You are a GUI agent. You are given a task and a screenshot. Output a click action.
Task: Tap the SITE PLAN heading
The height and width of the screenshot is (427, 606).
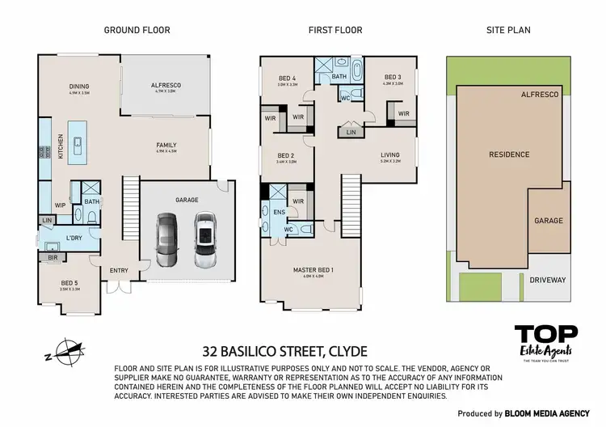(507, 30)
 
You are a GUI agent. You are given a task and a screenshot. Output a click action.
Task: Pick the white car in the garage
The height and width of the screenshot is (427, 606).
(205, 239)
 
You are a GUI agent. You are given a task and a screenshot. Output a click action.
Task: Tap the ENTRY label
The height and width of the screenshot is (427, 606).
(119, 271)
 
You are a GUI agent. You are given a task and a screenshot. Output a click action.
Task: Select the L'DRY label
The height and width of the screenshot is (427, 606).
(74, 238)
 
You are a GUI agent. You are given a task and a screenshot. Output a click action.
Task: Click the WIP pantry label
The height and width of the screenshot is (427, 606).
(60, 205)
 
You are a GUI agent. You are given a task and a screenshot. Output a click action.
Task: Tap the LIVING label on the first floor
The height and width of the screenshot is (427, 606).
(390, 154)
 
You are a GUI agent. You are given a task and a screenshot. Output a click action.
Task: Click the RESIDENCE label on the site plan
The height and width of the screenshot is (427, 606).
(508, 154)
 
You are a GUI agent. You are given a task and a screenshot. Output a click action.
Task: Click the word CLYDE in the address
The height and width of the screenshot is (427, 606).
(346, 352)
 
